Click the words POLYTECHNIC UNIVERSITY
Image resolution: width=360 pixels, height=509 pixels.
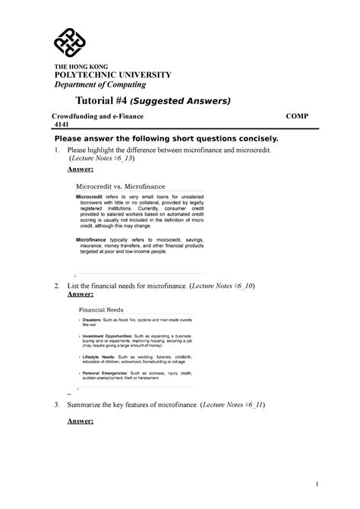point(112,74)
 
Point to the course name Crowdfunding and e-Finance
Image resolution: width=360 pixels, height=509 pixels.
point(97,119)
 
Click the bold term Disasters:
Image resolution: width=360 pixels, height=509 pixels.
point(97,321)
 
